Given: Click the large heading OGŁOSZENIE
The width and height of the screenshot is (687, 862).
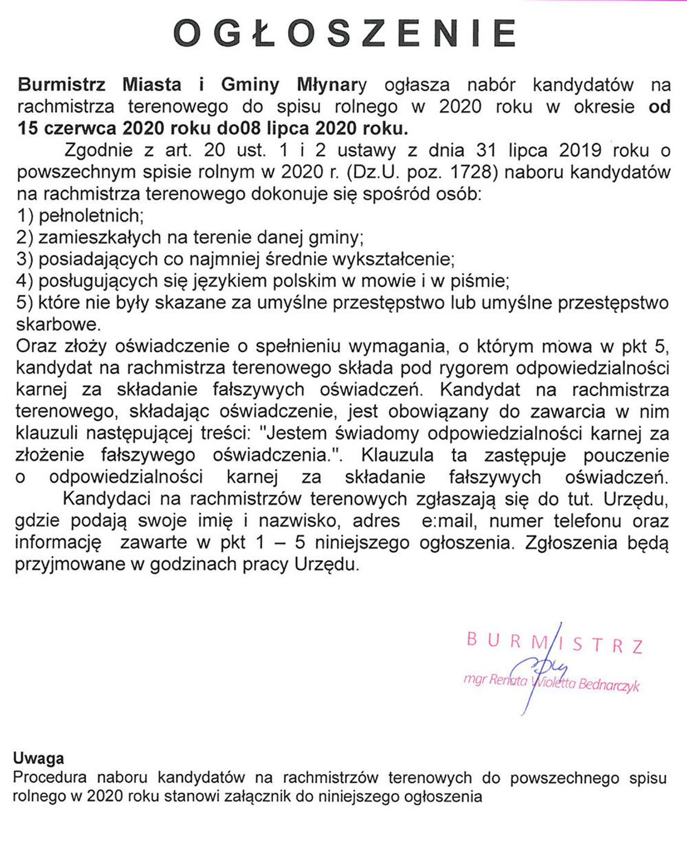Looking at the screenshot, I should (344, 33).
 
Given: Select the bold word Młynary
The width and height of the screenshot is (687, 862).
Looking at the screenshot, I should (331, 85).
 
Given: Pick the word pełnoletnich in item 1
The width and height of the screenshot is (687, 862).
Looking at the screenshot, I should (91, 215).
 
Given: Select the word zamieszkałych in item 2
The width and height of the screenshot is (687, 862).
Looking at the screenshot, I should (101, 237).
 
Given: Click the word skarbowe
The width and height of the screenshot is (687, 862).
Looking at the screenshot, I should (57, 324).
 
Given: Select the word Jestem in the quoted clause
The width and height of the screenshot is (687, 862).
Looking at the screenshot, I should (298, 433).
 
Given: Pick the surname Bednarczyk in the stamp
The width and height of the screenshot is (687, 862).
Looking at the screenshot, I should (609, 685).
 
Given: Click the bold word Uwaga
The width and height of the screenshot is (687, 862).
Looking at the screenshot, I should (39, 758).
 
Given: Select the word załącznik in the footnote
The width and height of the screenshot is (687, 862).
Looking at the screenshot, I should (304, 796).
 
